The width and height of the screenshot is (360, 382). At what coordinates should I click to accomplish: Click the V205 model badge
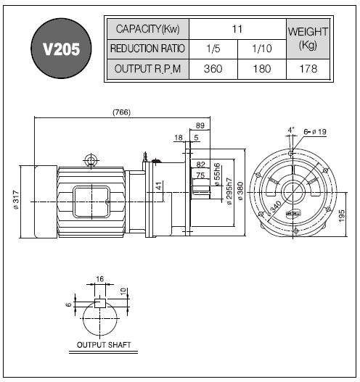click(61, 49)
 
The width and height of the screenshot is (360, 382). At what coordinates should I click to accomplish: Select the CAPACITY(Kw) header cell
click(148, 29)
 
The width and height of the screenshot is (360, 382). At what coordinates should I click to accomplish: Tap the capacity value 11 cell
click(237, 29)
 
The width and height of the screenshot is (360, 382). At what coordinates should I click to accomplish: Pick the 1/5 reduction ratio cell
click(213, 49)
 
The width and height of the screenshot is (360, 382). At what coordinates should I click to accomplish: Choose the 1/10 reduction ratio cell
click(262, 49)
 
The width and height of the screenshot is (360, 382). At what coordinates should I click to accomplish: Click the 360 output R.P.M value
click(213, 69)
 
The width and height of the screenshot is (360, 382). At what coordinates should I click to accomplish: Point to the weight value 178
click(308, 69)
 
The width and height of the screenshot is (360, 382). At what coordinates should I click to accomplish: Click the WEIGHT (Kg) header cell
click(308, 38)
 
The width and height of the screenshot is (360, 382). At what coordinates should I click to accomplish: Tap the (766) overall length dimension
click(121, 112)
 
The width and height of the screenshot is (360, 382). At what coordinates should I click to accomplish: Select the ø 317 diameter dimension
click(16, 200)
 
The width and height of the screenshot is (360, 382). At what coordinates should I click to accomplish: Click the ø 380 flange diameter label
click(240, 191)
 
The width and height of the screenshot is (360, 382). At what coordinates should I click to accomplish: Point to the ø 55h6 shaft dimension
click(217, 174)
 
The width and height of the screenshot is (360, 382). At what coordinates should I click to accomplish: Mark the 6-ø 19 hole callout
click(315, 132)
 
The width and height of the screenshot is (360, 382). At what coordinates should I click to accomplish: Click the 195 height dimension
click(342, 215)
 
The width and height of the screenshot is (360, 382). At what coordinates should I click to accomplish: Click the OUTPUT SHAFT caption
click(104, 345)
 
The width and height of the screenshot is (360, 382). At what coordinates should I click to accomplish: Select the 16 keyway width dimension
click(99, 279)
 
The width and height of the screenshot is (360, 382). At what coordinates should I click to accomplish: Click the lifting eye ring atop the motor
click(91, 161)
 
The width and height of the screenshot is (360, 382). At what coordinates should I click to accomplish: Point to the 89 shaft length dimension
click(200, 125)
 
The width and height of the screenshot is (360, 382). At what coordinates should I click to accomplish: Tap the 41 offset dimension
click(159, 186)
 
